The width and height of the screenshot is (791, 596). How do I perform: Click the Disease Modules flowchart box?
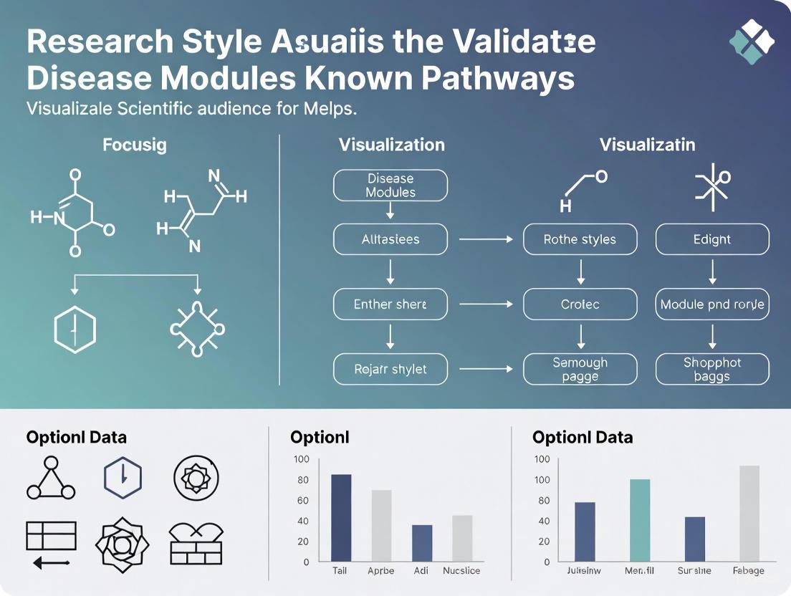[390, 186]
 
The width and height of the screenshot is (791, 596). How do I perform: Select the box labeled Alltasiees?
[390, 239]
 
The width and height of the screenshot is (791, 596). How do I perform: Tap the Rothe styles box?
[580, 239]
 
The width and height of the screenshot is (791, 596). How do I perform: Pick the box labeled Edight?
[712, 239]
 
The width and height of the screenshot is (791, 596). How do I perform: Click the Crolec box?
[580, 304]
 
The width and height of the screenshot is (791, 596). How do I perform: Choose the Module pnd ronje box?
[712, 304]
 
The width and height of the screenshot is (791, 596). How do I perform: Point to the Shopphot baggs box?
[712, 370]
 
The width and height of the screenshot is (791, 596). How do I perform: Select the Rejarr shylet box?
[390, 370]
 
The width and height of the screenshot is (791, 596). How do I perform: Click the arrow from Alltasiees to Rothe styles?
[485, 239]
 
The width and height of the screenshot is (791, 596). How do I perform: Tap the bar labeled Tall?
[341, 517]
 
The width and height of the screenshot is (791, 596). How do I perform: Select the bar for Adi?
[422, 542]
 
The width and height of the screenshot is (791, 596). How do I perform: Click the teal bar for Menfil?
[640, 519]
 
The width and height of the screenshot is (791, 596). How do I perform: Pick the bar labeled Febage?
[749, 513]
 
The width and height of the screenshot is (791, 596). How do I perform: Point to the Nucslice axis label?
[462, 571]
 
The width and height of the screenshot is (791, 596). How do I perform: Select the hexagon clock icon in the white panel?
[123, 478]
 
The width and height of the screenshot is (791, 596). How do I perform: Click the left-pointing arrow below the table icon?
[51, 564]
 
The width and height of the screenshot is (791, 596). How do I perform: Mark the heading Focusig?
[135, 145]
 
